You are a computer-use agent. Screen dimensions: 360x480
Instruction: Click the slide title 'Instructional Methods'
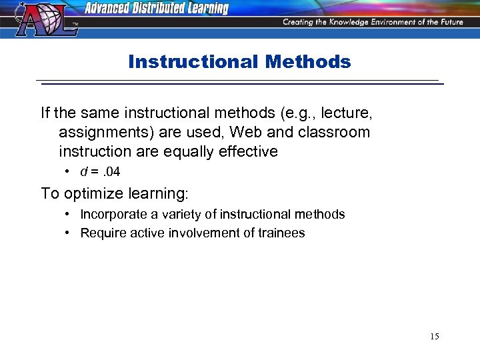pyautogui.click(x=239, y=62)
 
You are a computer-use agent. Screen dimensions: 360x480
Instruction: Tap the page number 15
pyautogui.click(x=434, y=336)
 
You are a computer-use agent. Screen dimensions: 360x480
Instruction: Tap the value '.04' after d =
pyautogui.click(x=112, y=172)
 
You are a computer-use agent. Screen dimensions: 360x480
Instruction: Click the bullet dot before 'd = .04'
pyautogui.click(x=68, y=172)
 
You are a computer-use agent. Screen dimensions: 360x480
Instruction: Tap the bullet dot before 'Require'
pyautogui.click(x=68, y=233)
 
